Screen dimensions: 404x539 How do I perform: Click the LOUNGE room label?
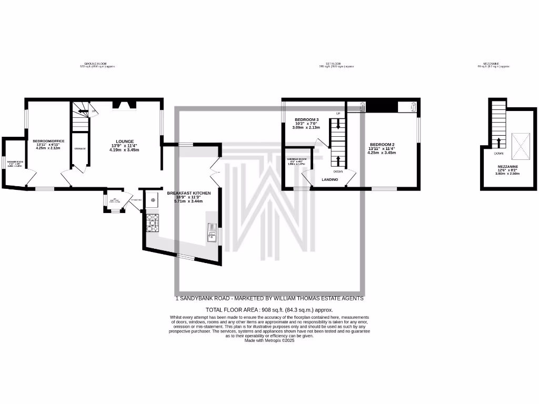125,141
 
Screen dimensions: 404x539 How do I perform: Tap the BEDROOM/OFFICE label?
48,141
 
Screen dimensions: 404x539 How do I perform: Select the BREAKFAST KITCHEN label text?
188,193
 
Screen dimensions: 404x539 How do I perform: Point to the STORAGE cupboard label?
80,149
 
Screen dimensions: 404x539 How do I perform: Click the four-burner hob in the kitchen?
152,223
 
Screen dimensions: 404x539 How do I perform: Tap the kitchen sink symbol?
212,232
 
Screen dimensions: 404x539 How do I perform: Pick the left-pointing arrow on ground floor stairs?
82,110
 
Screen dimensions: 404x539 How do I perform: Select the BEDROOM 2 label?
382,145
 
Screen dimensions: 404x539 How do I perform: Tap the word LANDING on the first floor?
330,179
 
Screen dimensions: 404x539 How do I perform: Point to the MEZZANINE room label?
508,166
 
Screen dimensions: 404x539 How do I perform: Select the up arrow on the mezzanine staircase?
498,142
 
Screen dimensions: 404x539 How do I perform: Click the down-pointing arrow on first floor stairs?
338,125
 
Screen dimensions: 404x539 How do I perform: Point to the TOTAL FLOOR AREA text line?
269,310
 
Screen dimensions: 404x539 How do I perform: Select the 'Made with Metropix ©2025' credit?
269,340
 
